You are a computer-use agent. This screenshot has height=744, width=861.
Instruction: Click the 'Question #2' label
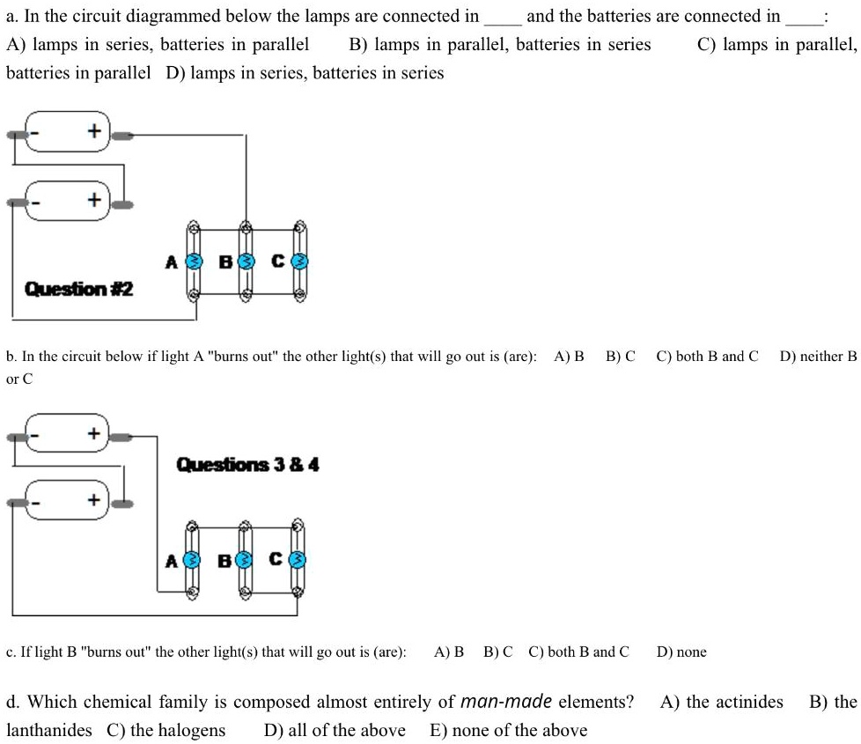pyautogui.click(x=78, y=289)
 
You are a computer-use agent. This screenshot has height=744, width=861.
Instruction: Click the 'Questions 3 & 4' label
pyautogui.click(x=247, y=464)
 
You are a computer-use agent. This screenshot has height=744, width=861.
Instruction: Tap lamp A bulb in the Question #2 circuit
pyautogui.click(x=196, y=262)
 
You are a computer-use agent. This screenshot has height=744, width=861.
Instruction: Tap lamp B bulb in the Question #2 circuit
pyautogui.click(x=247, y=262)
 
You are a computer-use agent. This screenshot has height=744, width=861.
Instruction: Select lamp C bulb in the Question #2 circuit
pyautogui.click(x=300, y=262)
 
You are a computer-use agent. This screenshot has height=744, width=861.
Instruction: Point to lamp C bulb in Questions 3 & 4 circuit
pyautogui.click(x=298, y=558)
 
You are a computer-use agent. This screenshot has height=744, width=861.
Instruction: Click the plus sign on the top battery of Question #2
pyautogui.click(x=91, y=132)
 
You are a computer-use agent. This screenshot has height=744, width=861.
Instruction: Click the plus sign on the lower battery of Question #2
pyautogui.click(x=91, y=200)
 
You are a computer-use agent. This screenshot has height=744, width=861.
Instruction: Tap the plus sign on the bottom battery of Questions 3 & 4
pyautogui.click(x=91, y=499)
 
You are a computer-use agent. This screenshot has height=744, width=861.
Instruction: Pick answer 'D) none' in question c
pyautogui.click(x=681, y=652)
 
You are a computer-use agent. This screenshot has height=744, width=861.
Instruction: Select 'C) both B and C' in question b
pyautogui.click(x=707, y=356)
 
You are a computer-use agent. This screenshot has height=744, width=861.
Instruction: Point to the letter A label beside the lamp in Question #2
pyautogui.click(x=173, y=262)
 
